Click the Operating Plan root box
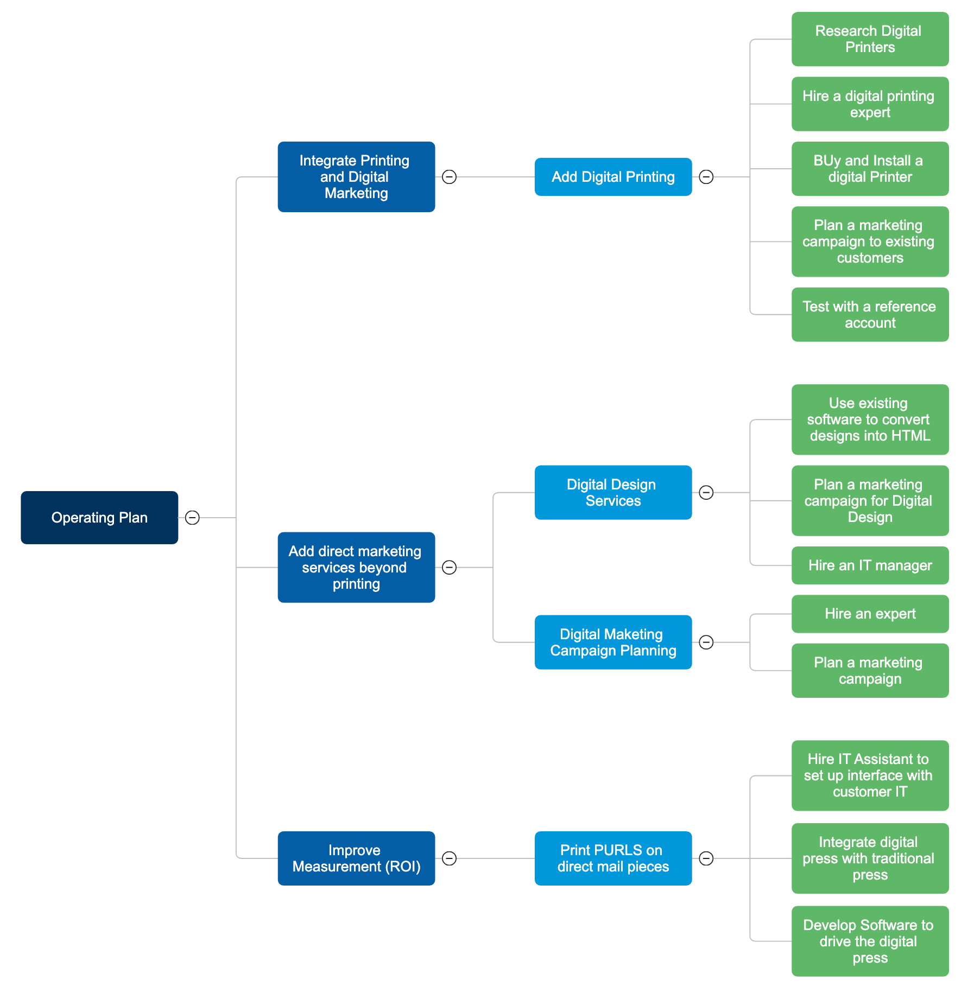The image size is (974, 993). [99, 518]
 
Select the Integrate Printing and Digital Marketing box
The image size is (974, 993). [356, 177]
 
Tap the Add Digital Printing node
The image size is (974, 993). [613, 177]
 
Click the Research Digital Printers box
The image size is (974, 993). [870, 39]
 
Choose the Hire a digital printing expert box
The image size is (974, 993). [870, 104]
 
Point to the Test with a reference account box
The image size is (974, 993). [870, 315]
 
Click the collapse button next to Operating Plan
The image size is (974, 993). [192, 518]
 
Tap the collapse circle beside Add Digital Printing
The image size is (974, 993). [706, 177]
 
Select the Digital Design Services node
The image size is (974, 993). [613, 493]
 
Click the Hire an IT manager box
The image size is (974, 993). [870, 565]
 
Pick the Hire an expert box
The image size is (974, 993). [870, 614]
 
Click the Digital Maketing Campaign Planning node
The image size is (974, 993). [613, 642]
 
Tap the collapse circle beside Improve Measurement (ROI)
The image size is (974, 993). [449, 858]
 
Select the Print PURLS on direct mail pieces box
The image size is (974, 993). [613, 858]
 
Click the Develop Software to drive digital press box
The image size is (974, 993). [870, 941]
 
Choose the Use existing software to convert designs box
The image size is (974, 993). [870, 419]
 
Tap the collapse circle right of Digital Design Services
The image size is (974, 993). [706, 493]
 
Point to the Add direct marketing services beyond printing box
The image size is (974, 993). [356, 568]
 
